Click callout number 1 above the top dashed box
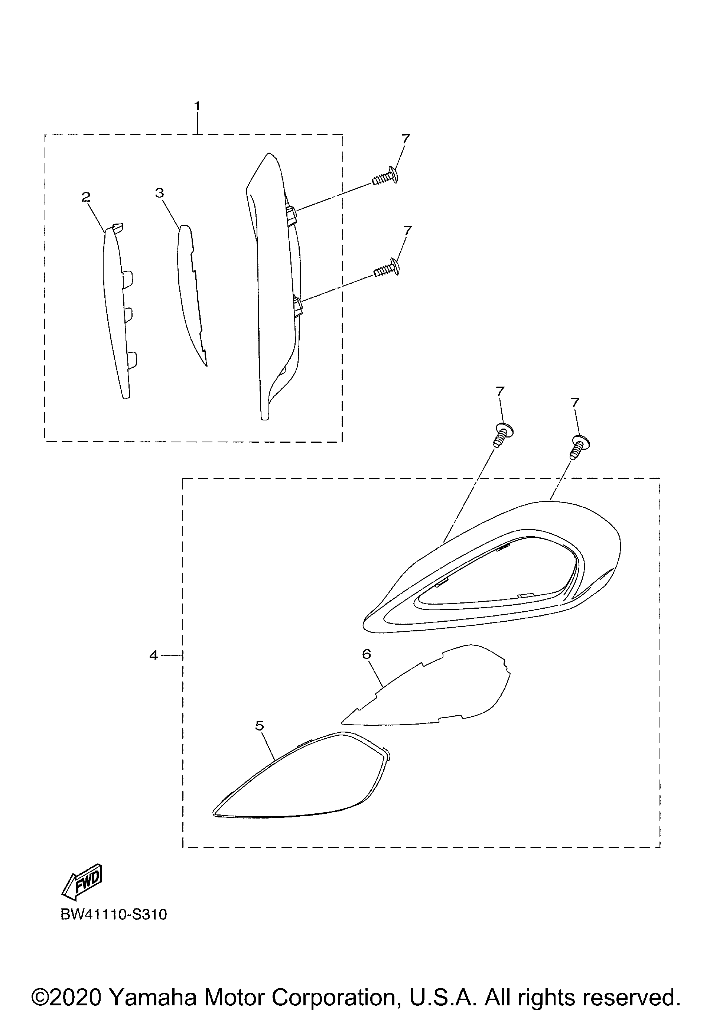pyautogui.click(x=197, y=107)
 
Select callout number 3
pyautogui.click(x=160, y=193)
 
